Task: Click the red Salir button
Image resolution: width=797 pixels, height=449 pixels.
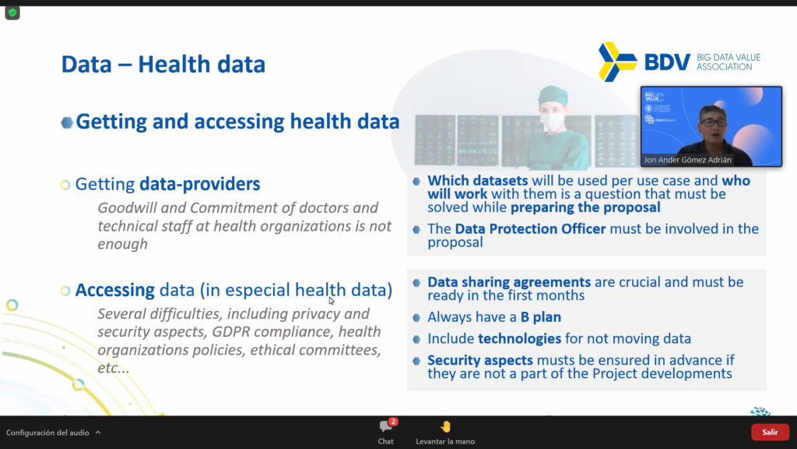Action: coord(770,432)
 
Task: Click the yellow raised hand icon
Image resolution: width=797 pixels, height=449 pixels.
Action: coord(446,426)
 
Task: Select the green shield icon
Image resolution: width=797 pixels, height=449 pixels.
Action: coord(12,12)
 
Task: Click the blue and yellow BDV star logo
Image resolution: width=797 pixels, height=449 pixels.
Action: coord(617,62)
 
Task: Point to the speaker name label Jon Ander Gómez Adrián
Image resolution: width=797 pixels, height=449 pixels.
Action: coord(687,160)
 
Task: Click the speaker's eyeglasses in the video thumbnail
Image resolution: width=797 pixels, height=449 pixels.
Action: coord(713,122)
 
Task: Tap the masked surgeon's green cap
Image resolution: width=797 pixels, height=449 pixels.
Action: coord(553,95)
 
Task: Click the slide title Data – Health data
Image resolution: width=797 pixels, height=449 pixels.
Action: coord(163,64)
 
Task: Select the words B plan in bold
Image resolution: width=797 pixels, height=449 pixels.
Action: coord(541,317)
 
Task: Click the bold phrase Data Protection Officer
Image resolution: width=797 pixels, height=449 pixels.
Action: coord(530,228)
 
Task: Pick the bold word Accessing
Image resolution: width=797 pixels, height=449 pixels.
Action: coord(115,290)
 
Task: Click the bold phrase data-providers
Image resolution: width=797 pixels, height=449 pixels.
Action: coord(200,184)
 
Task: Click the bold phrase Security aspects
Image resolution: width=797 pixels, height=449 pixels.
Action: coord(479,360)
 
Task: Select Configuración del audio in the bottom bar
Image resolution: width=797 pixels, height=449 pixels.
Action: coord(47,433)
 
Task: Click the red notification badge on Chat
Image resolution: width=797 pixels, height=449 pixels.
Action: coord(393,422)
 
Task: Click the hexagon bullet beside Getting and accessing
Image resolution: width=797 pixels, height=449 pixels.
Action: coord(67,122)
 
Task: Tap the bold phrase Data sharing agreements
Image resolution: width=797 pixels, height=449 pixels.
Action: coord(509,282)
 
